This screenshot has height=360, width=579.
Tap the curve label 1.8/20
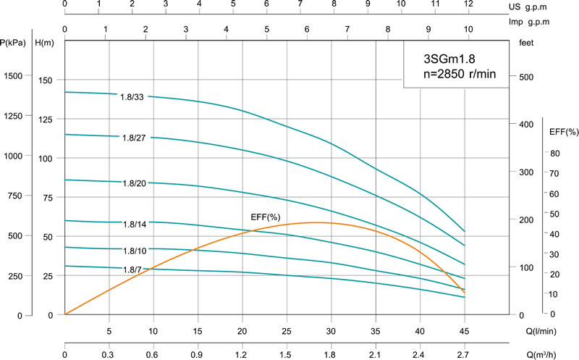coord(135,183)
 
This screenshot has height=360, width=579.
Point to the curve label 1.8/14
coord(135,224)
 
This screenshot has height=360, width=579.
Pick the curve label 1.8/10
coord(135,251)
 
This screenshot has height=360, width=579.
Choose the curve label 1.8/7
coord(132,269)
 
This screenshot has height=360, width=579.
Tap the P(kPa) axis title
coord(14,43)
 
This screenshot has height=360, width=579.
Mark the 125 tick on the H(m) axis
coord(46,119)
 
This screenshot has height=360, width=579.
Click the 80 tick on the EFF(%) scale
coord(555,154)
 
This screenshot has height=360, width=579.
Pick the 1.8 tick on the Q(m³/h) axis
coord(331,355)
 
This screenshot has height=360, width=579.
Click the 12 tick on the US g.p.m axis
coord(468,4)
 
